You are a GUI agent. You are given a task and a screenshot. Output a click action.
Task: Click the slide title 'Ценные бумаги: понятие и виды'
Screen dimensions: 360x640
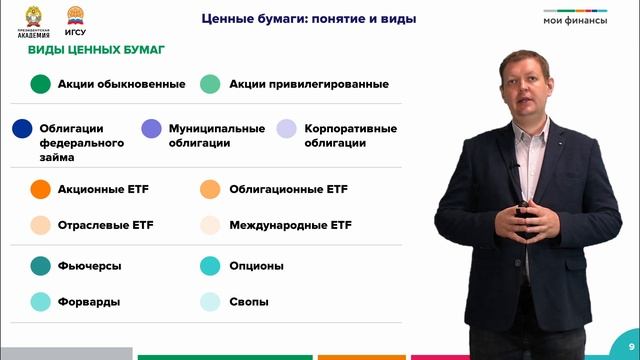point(308,19)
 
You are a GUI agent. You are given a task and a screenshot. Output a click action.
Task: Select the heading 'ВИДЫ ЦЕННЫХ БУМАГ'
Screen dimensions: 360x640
point(96,50)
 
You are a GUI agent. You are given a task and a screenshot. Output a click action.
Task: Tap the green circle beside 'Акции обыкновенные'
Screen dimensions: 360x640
point(40,84)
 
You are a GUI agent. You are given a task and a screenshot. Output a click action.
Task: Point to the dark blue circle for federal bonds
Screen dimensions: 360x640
point(22,129)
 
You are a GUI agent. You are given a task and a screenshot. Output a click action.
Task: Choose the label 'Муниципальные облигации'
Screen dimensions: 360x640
point(216,136)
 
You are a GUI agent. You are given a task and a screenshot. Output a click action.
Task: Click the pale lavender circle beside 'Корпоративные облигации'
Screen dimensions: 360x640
point(287,129)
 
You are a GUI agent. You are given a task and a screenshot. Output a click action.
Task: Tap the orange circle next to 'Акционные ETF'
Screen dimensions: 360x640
point(40,189)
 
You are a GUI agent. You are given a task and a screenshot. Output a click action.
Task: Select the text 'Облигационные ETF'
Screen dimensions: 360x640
point(288,189)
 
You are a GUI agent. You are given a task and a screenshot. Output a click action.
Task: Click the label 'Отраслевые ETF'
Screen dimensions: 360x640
point(105,225)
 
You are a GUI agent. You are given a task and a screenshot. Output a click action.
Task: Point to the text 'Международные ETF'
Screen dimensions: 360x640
point(290,225)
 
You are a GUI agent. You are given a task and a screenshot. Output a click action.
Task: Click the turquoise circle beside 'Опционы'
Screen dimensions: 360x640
point(209,266)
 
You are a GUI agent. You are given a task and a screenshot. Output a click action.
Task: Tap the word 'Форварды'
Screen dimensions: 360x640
point(90,302)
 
